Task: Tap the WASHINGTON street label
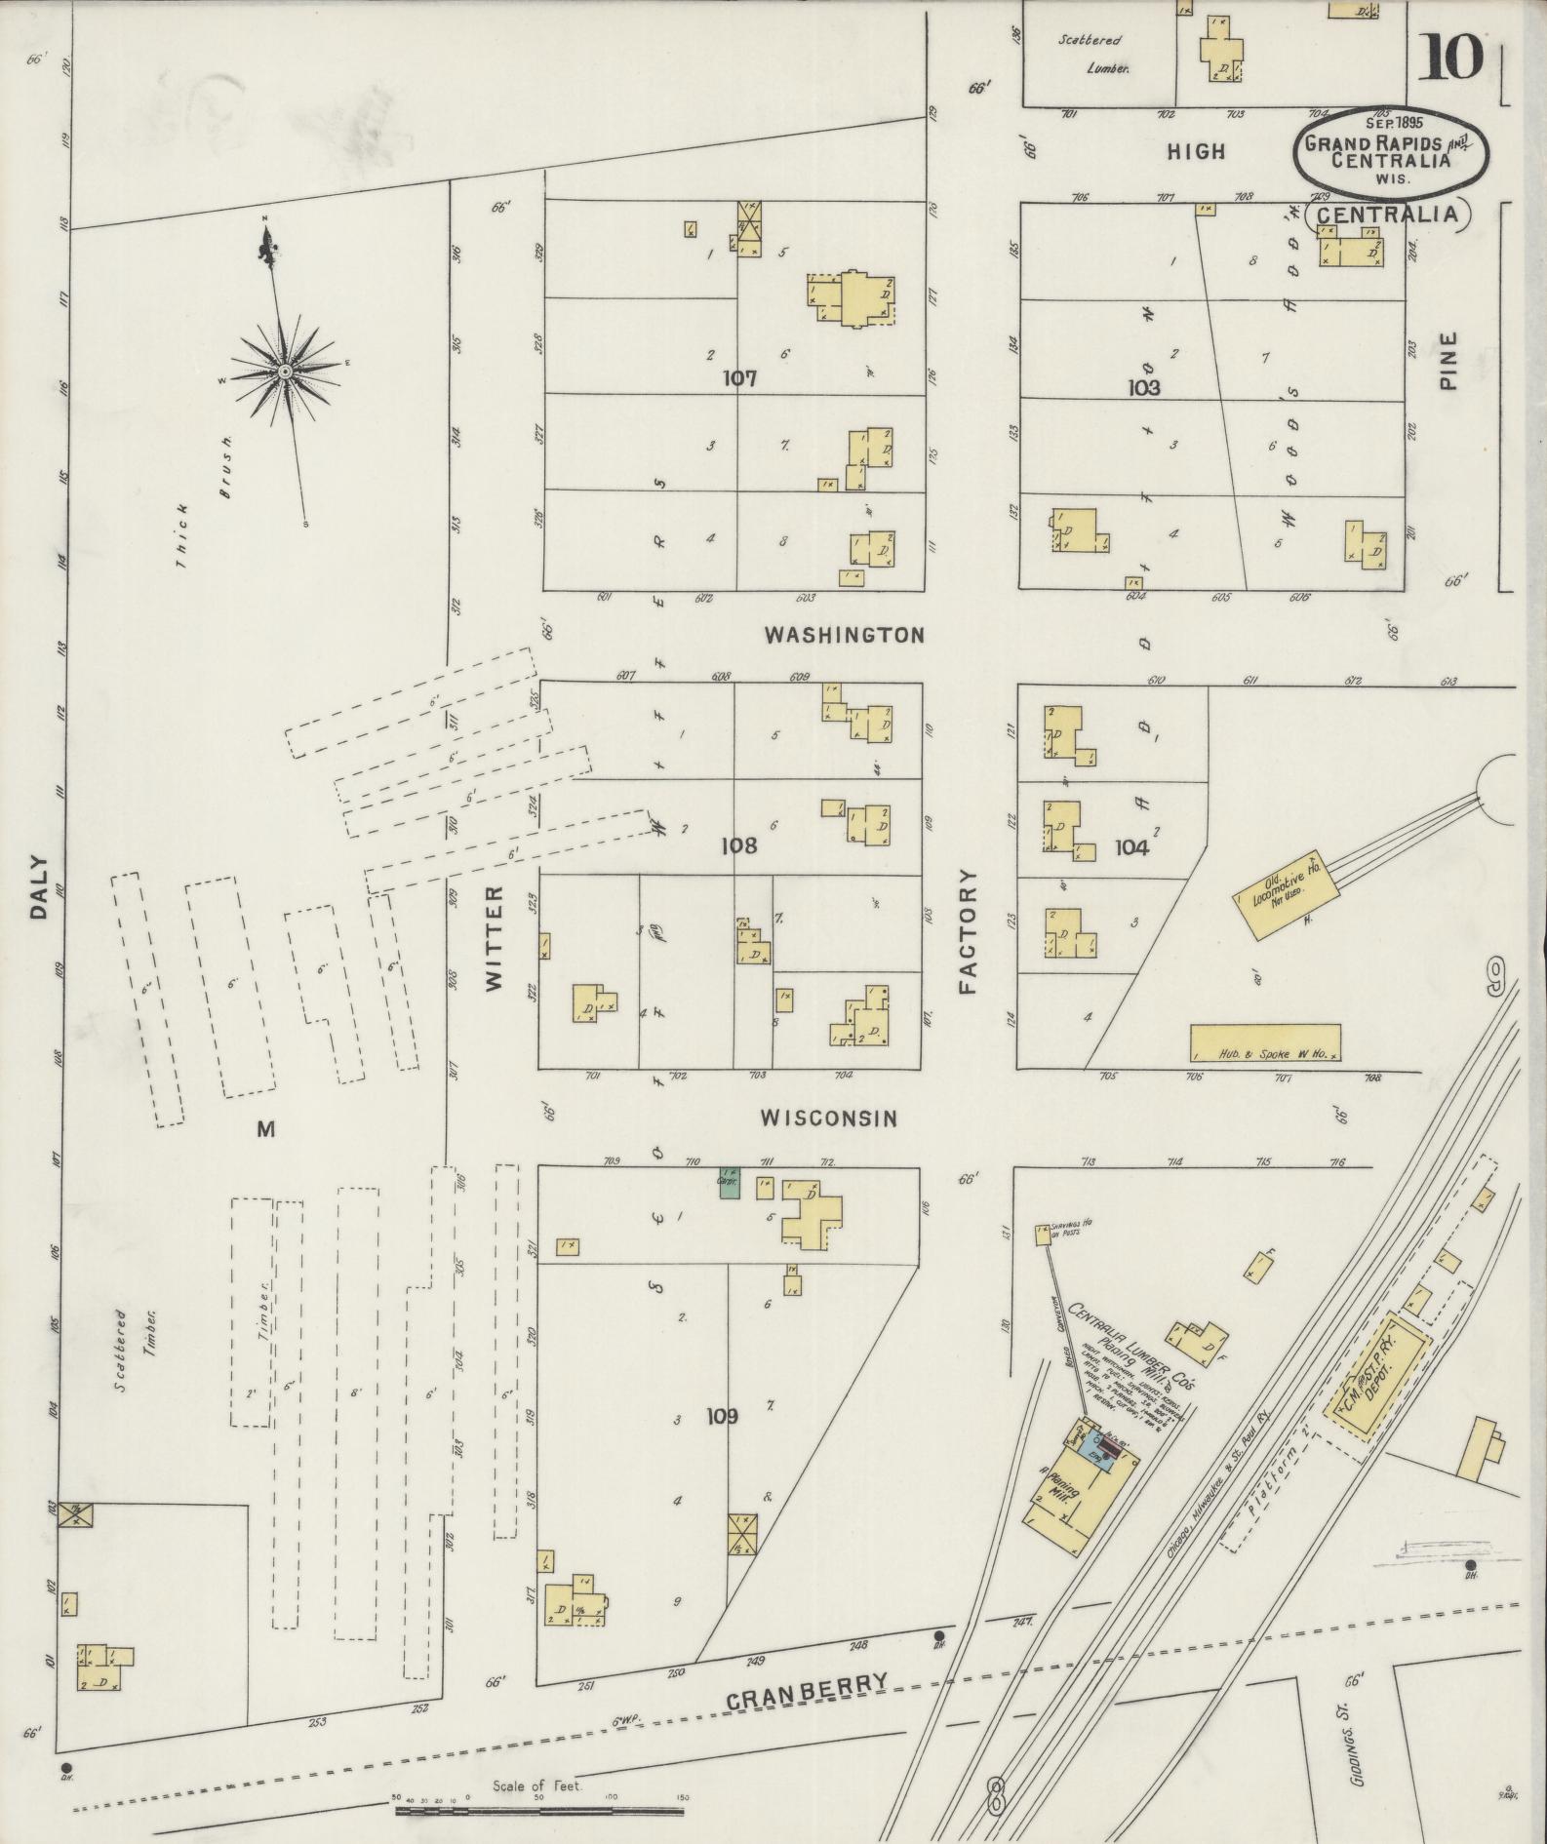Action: pos(844,636)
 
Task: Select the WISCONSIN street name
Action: pos(828,1118)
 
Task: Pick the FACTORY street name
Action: pos(968,932)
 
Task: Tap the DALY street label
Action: pos(38,887)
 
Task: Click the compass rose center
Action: pos(285,373)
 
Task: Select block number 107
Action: pos(740,378)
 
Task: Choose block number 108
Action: pos(738,845)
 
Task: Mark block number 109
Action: pos(723,1416)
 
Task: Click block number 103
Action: pos(1143,387)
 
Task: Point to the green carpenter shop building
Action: pos(729,1183)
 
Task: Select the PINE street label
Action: pos(1448,362)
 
